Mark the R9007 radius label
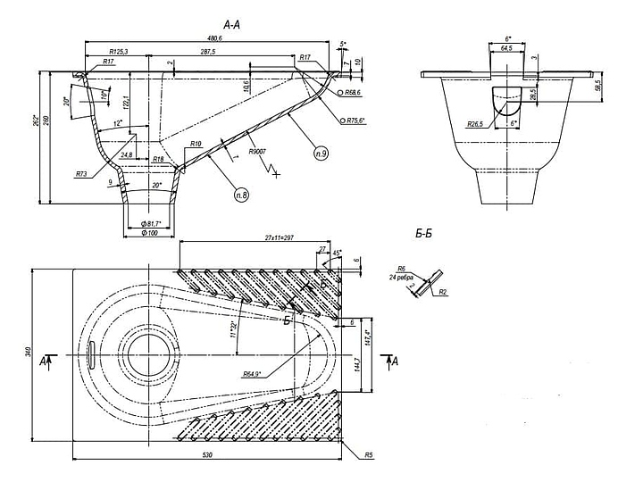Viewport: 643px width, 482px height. [261, 153]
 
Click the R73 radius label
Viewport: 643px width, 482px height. [81, 173]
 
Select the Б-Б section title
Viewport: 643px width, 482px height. [424, 234]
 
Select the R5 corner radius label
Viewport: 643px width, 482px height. [368, 455]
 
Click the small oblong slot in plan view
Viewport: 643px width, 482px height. [94, 353]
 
